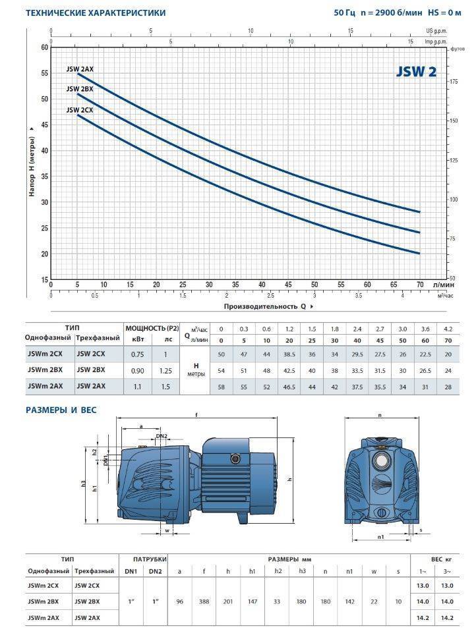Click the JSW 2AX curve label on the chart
pos(79,68)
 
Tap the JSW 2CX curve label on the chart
pos(79,110)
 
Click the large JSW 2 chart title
pos(416,72)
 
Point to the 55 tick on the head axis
pos(45,73)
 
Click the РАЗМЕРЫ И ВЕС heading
pos(61,410)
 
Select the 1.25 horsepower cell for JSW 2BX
pos(165,371)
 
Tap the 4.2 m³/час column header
pos(448,328)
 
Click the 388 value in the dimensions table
pos(204,601)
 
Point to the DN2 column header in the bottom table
pos(154,570)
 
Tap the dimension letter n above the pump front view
pos(380,416)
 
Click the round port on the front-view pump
pos(380,460)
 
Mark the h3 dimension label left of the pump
pos(84,484)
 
